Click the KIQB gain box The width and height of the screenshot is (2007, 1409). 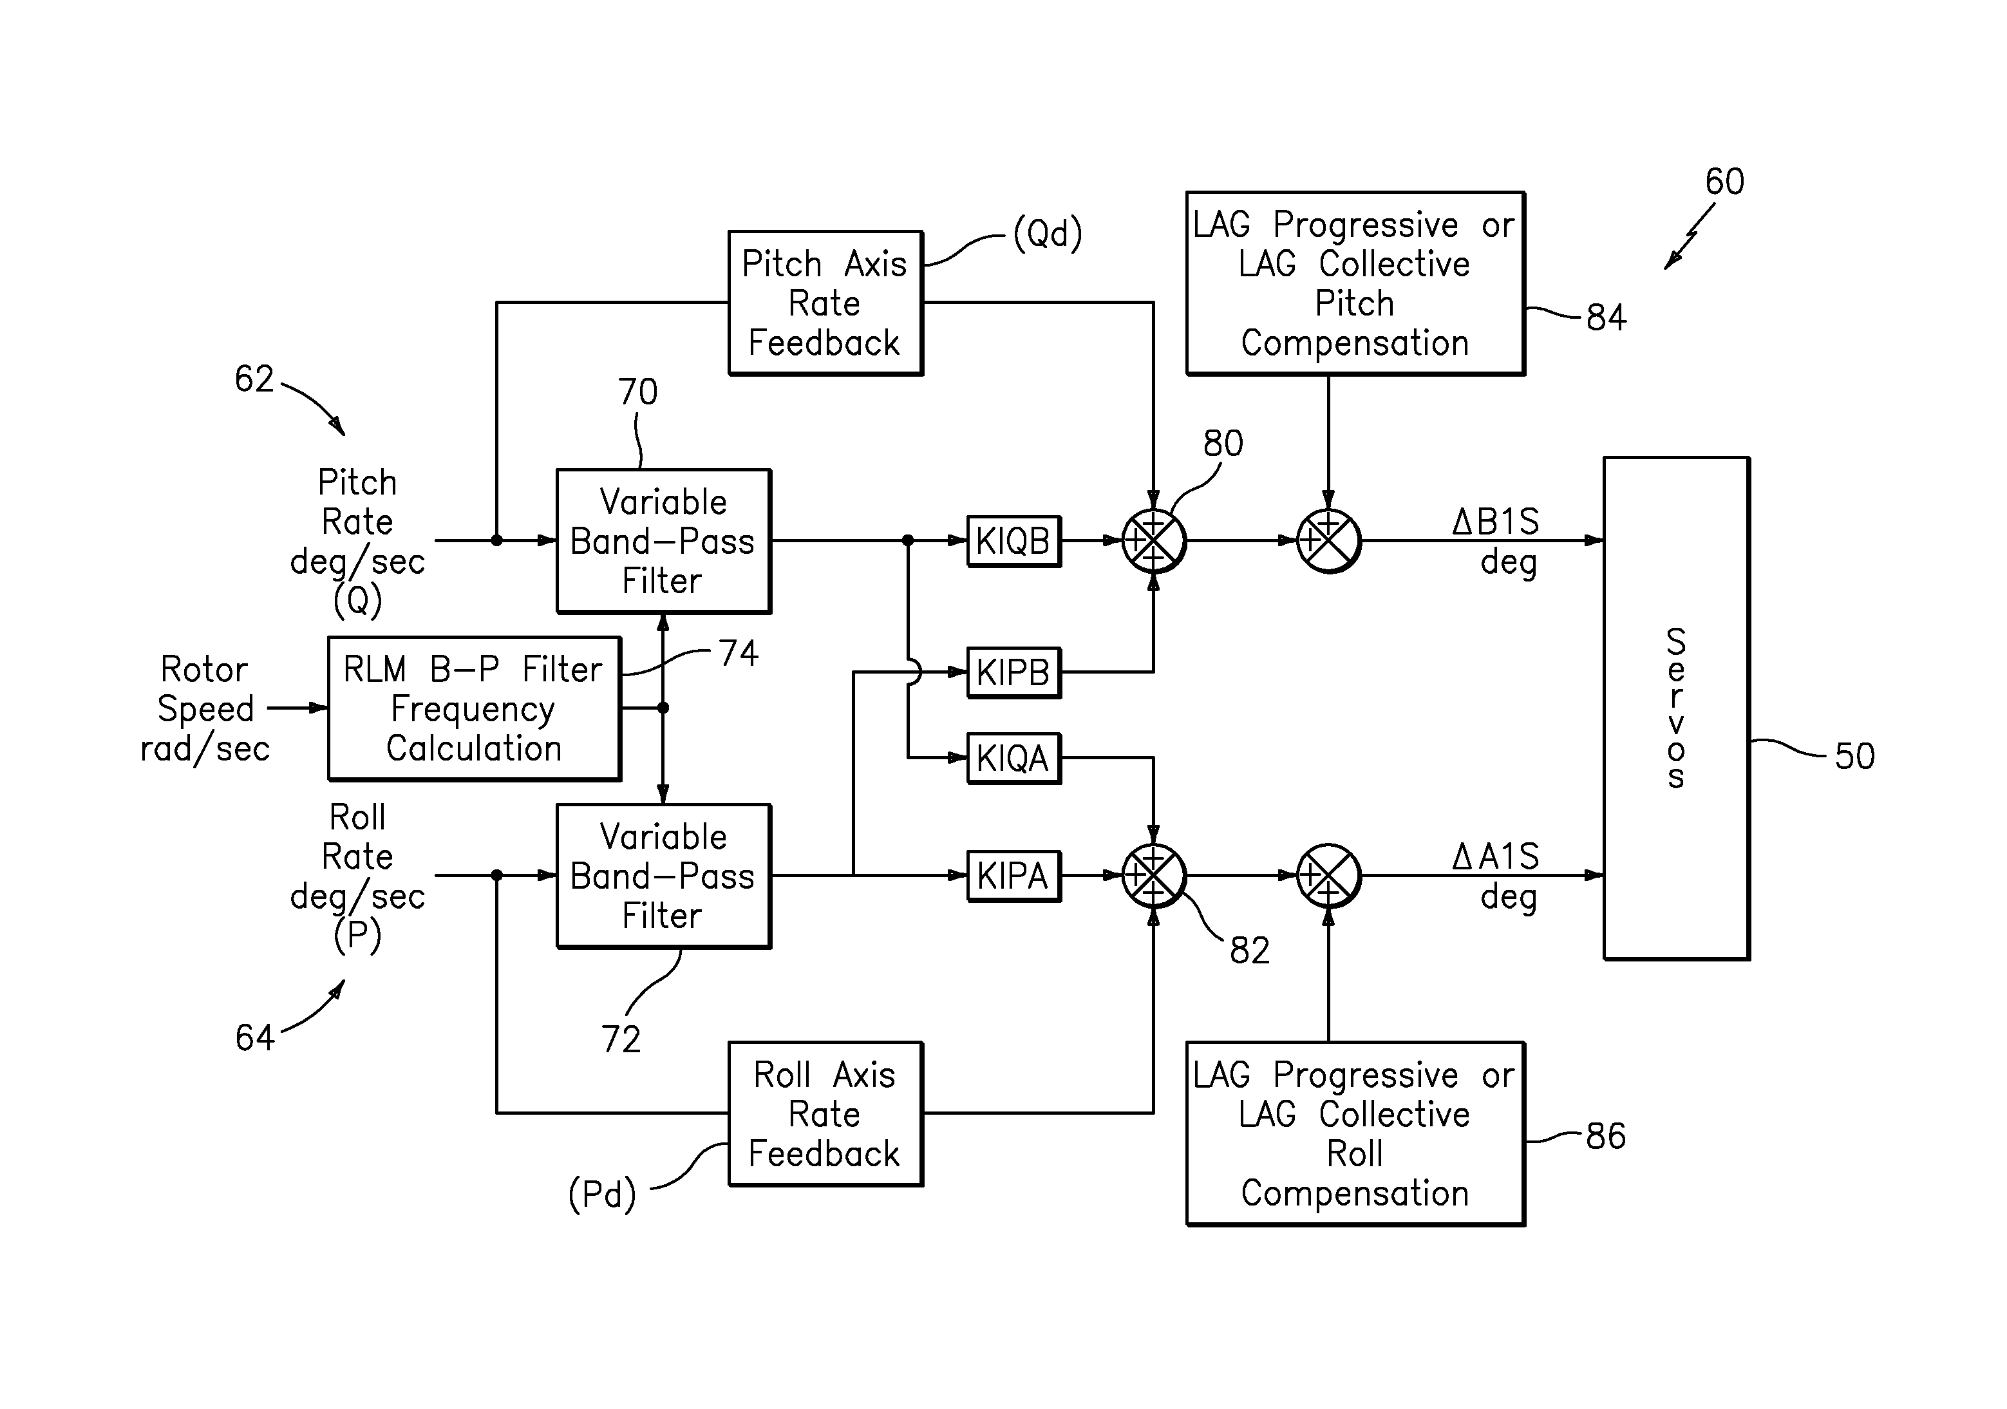pyautogui.click(x=1013, y=541)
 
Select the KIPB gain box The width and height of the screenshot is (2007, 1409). pyautogui.click(x=1013, y=672)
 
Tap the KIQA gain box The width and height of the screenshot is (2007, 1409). pyautogui.click(x=1013, y=758)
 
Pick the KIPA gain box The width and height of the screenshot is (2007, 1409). pyautogui.click(x=1013, y=875)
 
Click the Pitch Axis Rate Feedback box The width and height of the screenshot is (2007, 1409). pyautogui.click(x=825, y=303)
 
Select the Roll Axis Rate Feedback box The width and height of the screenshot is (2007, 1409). pyautogui.click(x=825, y=1113)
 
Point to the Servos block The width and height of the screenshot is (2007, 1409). pyautogui.click(x=1675, y=708)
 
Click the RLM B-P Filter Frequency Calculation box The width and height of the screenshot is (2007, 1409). pyautogui.click(x=474, y=708)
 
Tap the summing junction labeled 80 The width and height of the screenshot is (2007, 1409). pyautogui.click(x=1153, y=541)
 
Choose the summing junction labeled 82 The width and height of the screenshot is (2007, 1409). pyautogui.click(x=1153, y=875)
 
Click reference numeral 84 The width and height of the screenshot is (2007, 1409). pyautogui.click(x=1606, y=317)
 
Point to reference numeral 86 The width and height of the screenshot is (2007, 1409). pyautogui.click(x=1606, y=1137)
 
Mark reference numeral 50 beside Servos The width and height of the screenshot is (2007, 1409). pyautogui.click(x=1854, y=756)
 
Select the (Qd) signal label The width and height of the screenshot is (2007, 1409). pyautogui.click(x=1047, y=233)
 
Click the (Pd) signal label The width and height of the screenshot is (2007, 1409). pyautogui.click(x=602, y=1194)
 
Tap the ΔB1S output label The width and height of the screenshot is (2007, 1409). pyautogui.click(x=1496, y=523)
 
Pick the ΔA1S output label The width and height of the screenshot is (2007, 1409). pyautogui.click(x=1496, y=856)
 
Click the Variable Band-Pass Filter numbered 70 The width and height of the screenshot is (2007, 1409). pyautogui.click(x=663, y=541)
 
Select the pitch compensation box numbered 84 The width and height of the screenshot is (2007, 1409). pyautogui.click(x=1355, y=284)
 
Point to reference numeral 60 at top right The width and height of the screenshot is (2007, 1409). pyautogui.click(x=1724, y=182)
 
